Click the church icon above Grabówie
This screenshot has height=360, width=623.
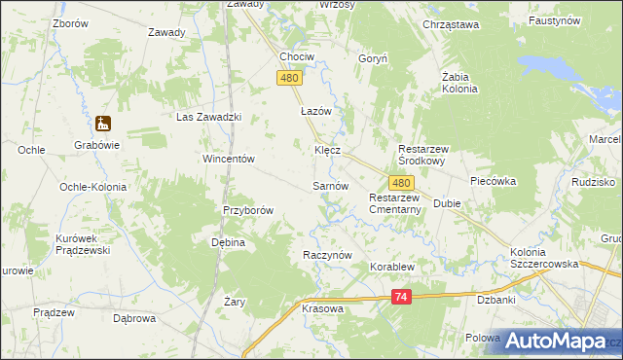(x=102, y=124)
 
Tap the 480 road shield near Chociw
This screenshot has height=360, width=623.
(x=288, y=78)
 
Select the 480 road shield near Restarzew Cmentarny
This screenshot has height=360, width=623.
(x=402, y=182)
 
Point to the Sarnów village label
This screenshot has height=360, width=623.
(x=330, y=185)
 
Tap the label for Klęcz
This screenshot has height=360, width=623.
(x=326, y=151)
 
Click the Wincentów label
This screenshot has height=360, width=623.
(x=228, y=159)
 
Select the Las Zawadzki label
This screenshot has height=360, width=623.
(x=207, y=117)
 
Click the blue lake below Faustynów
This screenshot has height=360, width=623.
(x=553, y=67)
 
